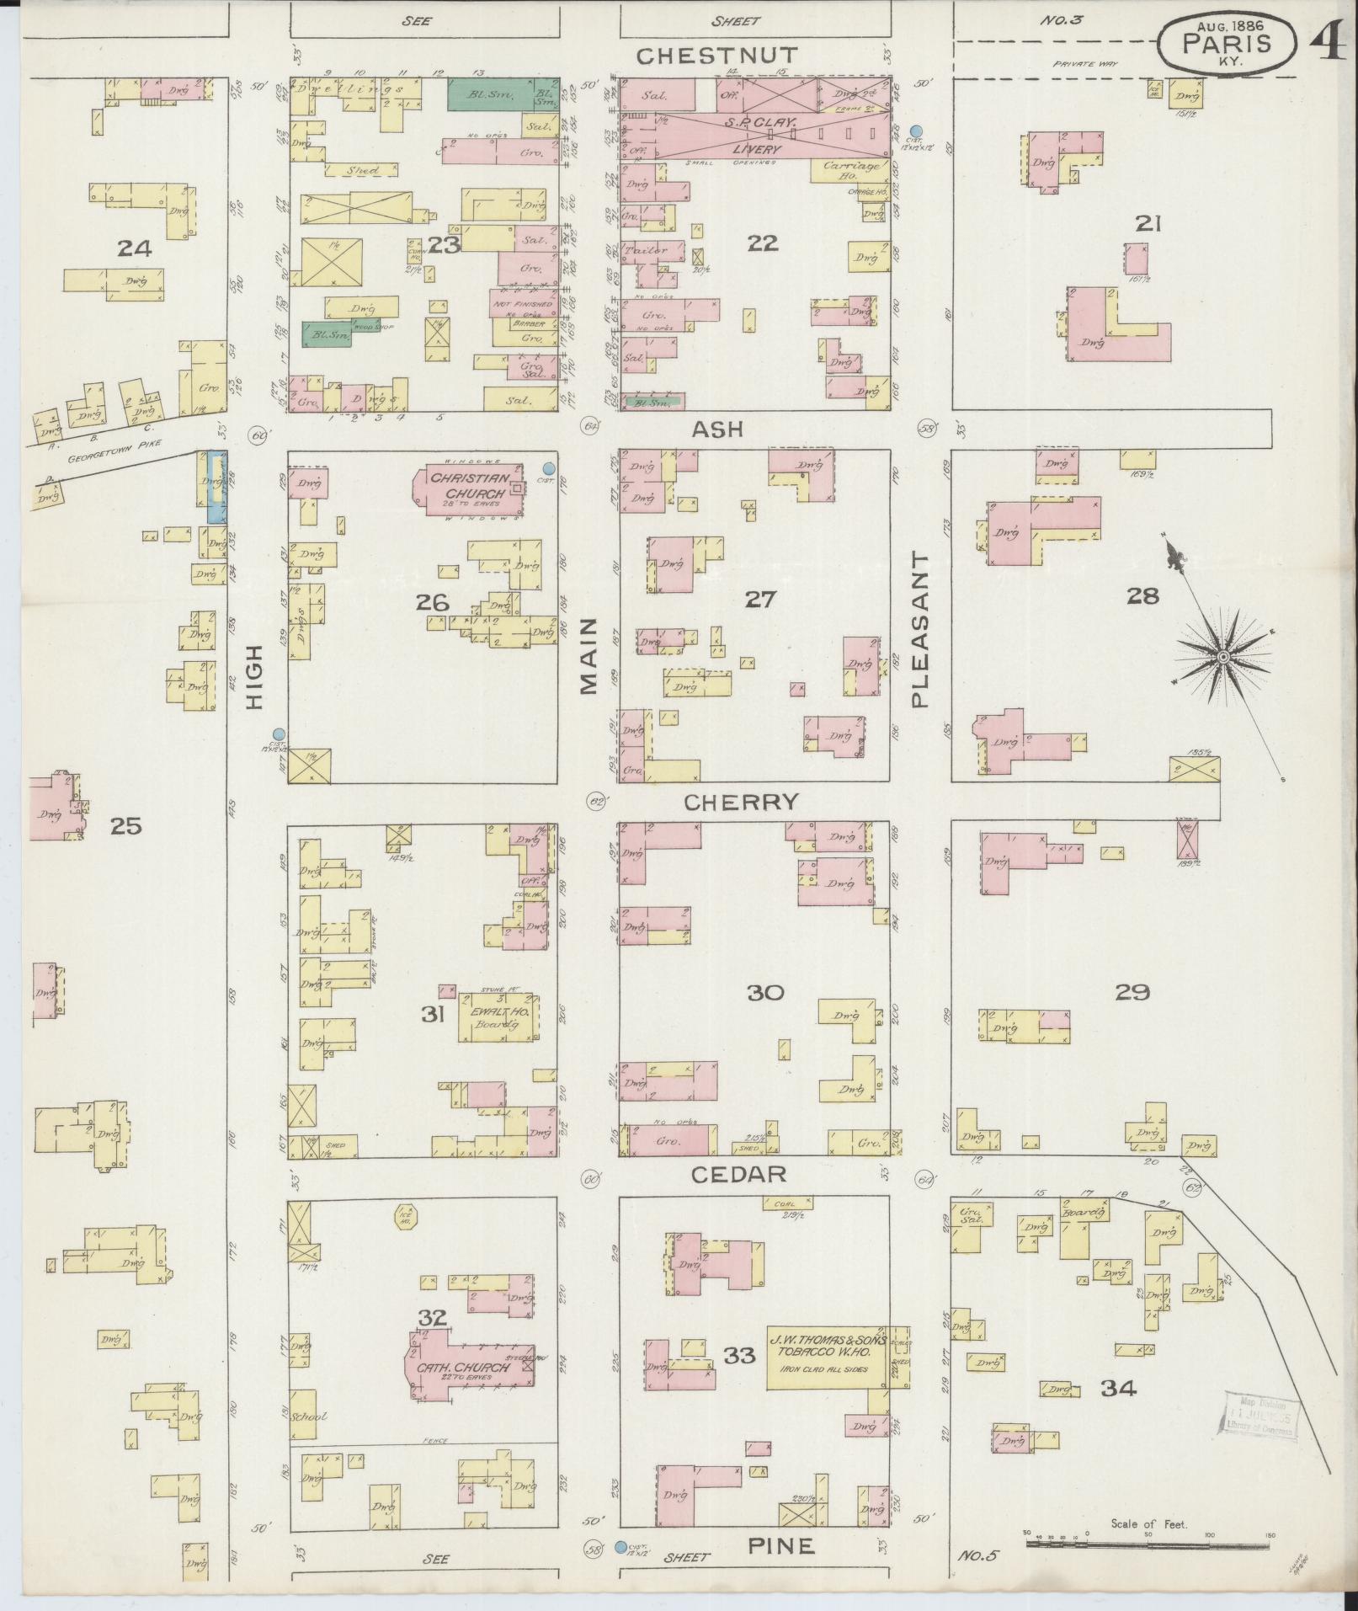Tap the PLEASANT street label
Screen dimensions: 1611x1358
[x=920, y=630]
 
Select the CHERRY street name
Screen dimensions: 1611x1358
[x=741, y=803]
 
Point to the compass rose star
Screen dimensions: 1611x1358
[x=1223, y=656]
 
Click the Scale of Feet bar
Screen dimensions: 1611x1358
[x=1147, y=1544]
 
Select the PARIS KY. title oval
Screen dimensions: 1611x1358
[x=1226, y=44]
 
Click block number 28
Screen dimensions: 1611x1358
[x=1142, y=596]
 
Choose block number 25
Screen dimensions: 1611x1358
[x=126, y=826]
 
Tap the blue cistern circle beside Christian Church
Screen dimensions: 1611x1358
[x=549, y=468]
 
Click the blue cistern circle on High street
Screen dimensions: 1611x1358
[x=279, y=733]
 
